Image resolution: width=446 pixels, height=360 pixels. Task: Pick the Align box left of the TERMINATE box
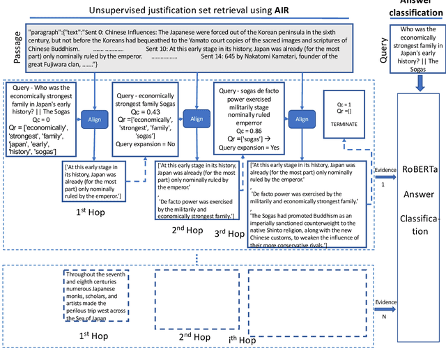coord(301,118)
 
